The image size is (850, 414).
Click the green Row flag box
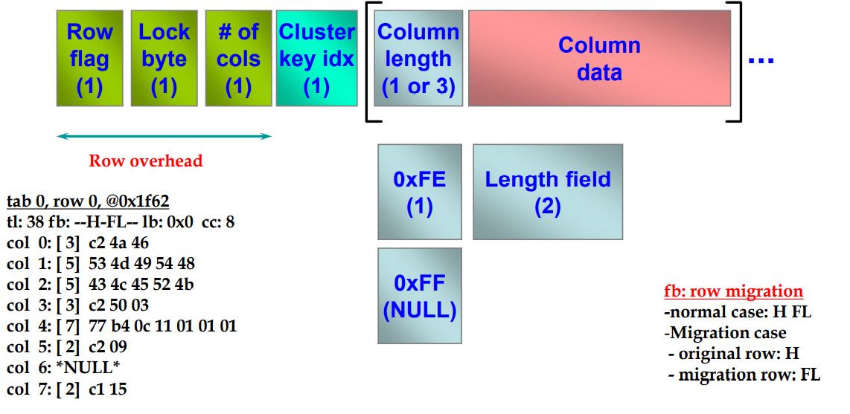(x=89, y=59)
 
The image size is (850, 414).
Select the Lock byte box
(x=164, y=59)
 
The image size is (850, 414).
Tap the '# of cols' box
(x=238, y=59)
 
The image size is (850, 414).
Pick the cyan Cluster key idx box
(x=316, y=59)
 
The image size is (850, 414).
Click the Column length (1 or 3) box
(x=418, y=59)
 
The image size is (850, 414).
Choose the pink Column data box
(x=599, y=59)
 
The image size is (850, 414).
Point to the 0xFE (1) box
(x=420, y=192)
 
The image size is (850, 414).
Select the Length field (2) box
(x=547, y=192)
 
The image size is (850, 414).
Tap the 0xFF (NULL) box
(x=420, y=296)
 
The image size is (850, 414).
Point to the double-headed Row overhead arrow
(x=164, y=136)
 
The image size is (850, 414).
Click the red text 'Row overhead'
(x=146, y=161)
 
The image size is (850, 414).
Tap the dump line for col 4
(x=122, y=326)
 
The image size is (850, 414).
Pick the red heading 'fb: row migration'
(x=733, y=291)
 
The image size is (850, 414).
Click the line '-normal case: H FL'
(x=737, y=312)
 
